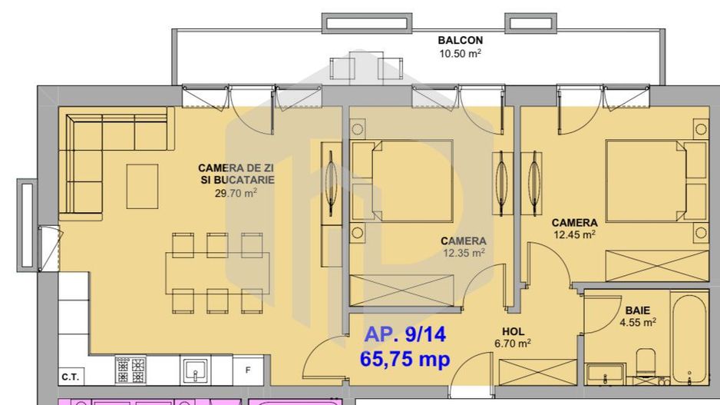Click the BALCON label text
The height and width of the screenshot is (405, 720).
pos(460,41)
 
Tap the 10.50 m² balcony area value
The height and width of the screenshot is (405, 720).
pos(460,53)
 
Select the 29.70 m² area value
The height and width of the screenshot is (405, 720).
pos(236,193)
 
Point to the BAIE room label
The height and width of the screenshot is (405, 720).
pos(637,310)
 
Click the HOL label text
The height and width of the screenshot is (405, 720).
pos(513,331)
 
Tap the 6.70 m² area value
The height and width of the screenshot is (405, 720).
pos(513,344)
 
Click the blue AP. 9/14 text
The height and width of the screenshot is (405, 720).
pos(405,334)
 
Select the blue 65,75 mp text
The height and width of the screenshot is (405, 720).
pos(405,359)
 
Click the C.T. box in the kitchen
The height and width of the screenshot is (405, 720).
pos(71,377)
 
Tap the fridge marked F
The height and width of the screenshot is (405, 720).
pos(248,370)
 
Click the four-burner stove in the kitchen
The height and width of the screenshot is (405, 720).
pos(130,370)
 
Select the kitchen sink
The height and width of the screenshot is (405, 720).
pos(196,370)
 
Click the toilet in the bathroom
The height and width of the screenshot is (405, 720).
pos(646,364)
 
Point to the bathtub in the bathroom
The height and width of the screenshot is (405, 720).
pos(690,338)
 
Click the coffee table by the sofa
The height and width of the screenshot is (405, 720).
pos(142,186)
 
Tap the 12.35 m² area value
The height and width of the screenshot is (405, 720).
pos(464,253)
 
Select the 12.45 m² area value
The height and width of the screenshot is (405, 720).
pos(574,234)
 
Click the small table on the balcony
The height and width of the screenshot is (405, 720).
pos(366,68)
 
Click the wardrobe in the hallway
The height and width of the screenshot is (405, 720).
pos(538,372)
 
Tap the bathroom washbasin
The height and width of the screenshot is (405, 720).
pos(605,374)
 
